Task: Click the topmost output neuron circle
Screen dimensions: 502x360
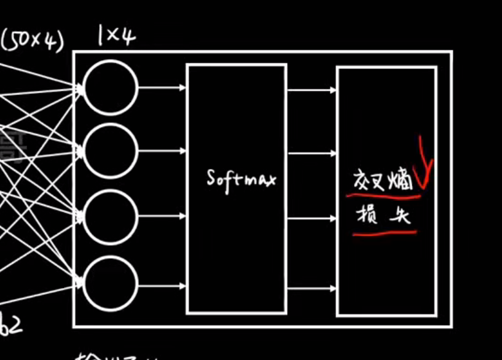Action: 110,88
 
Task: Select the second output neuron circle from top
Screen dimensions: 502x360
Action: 110,151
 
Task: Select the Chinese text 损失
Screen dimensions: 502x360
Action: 383,216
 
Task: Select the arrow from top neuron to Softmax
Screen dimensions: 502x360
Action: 162,88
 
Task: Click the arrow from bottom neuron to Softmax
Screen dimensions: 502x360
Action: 162,285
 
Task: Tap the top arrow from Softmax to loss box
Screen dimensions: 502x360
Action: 312,91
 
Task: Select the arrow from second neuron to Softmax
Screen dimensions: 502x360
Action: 162,151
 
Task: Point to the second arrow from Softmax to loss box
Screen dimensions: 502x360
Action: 312,152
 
